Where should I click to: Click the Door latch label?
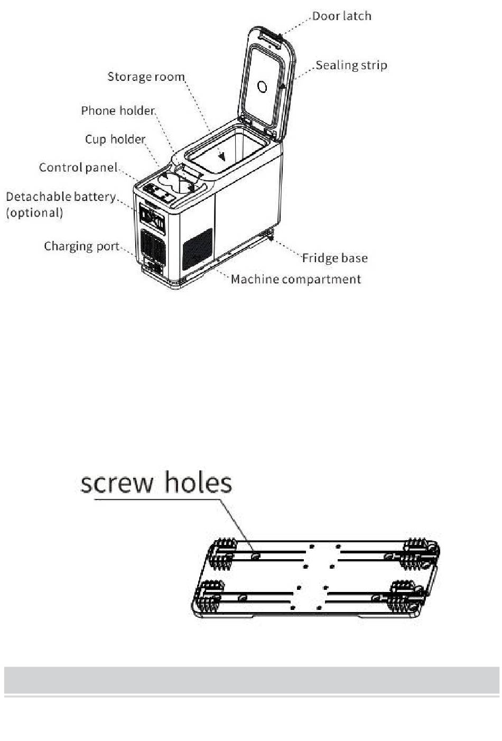coord(341,16)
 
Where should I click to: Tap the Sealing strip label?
coord(351,66)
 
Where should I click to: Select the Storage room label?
coord(146,77)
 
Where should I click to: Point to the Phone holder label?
coord(118,110)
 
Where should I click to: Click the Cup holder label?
coord(115,139)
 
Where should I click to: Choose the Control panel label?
coord(78,168)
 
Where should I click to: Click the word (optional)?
coord(34,212)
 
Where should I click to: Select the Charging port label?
coord(81,246)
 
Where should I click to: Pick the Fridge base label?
coord(334,258)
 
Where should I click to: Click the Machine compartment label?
coord(295,279)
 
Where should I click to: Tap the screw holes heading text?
coord(156,483)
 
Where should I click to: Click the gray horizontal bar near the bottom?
coord(251,680)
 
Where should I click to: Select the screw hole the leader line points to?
coord(256,555)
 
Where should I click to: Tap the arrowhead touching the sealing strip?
coord(283,86)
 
